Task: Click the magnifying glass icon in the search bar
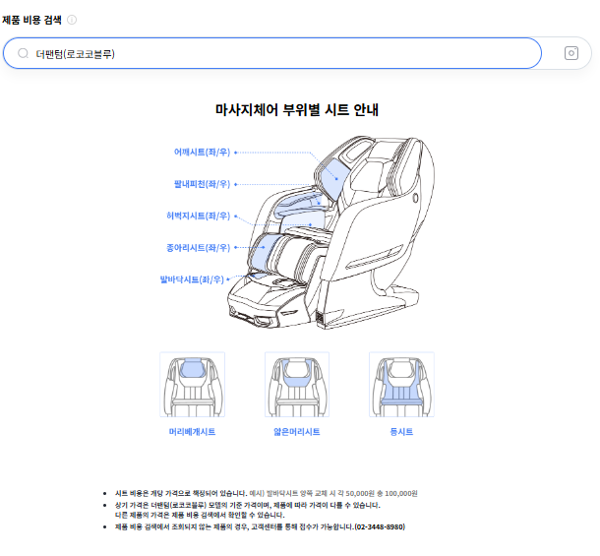pyautogui.click(x=23, y=53)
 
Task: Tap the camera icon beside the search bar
pyautogui.click(x=570, y=53)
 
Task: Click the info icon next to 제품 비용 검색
pyautogui.click(x=72, y=20)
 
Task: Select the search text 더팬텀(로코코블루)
pyautogui.click(x=75, y=53)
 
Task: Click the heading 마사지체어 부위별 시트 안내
pyautogui.click(x=297, y=110)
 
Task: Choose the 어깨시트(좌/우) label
pyautogui.click(x=202, y=152)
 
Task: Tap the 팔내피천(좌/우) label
pyautogui.click(x=202, y=184)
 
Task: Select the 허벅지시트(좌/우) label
pyautogui.click(x=199, y=216)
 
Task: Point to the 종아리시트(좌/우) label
pyautogui.click(x=199, y=248)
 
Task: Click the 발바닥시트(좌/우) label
pyautogui.click(x=192, y=279)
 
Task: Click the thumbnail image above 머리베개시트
pyautogui.click(x=192, y=385)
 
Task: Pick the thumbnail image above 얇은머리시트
pyautogui.click(x=297, y=385)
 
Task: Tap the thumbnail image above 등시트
pyautogui.click(x=401, y=385)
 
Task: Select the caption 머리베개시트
pyautogui.click(x=192, y=432)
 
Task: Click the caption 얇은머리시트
pyautogui.click(x=297, y=432)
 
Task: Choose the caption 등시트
pyautogui.click(x=401, y=432)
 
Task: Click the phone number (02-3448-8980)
pyautogui.click(x=380, y=526)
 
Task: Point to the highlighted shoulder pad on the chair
pyautogui.click(x=333, y=178)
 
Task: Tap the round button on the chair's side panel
pyautogui.click(x=415, y=198)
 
